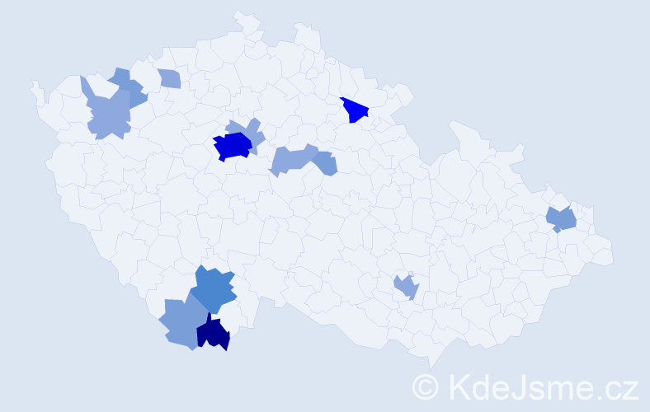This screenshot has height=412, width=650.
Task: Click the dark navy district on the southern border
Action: point(213,334)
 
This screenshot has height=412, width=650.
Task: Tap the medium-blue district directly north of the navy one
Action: point(213,288)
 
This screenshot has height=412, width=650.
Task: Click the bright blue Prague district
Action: point(233,146)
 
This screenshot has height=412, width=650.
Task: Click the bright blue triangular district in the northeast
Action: point(355,109)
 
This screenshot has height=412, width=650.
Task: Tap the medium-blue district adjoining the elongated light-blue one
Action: point(327,163)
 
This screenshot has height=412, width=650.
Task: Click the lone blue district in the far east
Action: point(562,219)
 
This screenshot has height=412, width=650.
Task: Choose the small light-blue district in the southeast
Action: point(407,287)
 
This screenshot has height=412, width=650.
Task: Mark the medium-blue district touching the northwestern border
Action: point(128,85)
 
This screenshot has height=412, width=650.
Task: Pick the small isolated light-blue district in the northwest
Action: point(169,79)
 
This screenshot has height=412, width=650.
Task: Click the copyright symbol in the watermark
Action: point(426,386)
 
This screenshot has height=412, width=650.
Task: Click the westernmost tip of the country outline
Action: point(33,82)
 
